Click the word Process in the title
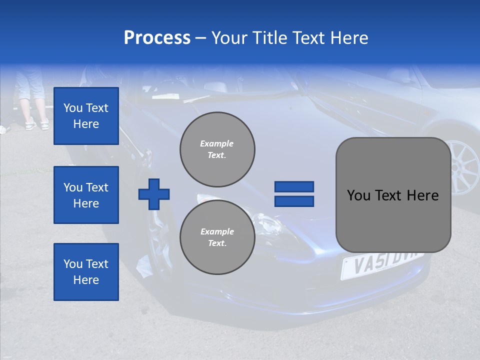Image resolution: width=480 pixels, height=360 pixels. click(x=157, y=38)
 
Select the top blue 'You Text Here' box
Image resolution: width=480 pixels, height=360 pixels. click(x=86, y=116)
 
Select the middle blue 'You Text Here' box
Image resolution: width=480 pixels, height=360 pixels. click(x=86, y=195)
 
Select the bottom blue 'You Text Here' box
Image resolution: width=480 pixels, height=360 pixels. click(x=86, y=272)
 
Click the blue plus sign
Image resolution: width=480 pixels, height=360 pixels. click(x=154, y=194)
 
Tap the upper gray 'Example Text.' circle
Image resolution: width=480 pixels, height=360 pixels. click(x=217, y=149)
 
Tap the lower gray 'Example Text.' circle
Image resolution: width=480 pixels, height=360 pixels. click(x=217, y=237)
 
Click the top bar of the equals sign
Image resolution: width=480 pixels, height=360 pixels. click(x=294, y=187)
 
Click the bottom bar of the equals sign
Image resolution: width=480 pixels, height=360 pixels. click(x=294, y=201)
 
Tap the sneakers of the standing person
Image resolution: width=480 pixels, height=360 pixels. click(x=38, y=124)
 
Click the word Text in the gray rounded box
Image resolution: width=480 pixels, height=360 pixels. click(x=390, y=195)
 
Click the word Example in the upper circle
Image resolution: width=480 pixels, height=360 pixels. click(x=217, y=143)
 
